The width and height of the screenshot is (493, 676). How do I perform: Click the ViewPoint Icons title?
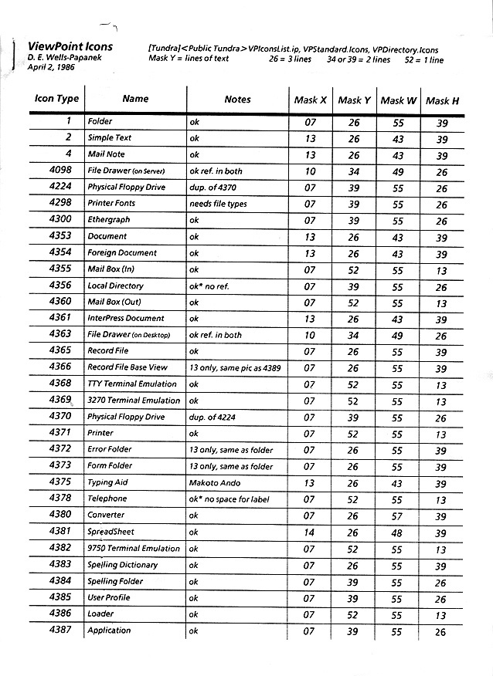pos(70,46)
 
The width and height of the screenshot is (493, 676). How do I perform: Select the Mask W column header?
pos(398,100)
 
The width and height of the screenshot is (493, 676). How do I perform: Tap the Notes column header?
pos(237,100)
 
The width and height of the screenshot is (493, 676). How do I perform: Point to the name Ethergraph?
pos(109,220)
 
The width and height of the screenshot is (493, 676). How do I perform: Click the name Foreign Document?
pos(122,252)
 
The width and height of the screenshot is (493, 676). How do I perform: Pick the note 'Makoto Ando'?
pos(215,482)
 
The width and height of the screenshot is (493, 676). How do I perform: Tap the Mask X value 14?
pos(309,532)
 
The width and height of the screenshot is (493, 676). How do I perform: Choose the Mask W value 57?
pos(396,515)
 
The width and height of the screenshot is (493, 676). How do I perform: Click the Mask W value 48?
pos(396,532)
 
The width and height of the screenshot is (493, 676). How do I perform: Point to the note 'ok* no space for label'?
pos(229,499)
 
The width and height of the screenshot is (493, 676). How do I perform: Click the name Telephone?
pos(107,499)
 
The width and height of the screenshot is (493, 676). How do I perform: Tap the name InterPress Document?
pos(126,318)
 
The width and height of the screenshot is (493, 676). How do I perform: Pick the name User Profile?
pos(109,597)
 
